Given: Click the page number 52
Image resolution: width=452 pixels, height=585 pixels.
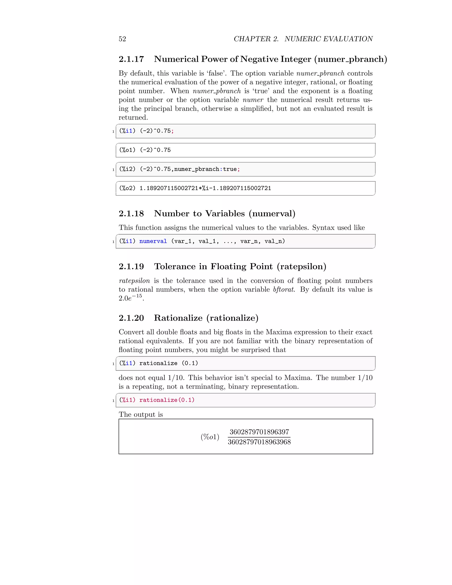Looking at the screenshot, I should [122, 39].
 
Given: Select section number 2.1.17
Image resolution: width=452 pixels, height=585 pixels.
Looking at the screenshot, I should [131, 59].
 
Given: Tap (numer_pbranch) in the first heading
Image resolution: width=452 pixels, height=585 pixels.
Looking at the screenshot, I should [350, 59].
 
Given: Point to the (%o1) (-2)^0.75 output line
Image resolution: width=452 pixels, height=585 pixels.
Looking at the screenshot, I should [145, 150].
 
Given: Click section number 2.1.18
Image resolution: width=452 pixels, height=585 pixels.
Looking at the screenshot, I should [131, 213].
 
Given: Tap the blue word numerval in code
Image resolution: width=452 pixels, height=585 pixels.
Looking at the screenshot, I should [153, 241].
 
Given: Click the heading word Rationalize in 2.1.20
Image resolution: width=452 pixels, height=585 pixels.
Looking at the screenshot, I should [178, 318].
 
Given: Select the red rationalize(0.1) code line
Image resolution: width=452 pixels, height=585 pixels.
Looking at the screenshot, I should [167, 400].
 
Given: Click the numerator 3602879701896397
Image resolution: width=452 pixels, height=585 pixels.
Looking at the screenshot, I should [259, 432].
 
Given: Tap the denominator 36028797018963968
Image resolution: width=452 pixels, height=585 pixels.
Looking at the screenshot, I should [259, 442].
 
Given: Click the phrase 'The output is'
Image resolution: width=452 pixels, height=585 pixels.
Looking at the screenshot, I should [141, 415].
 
